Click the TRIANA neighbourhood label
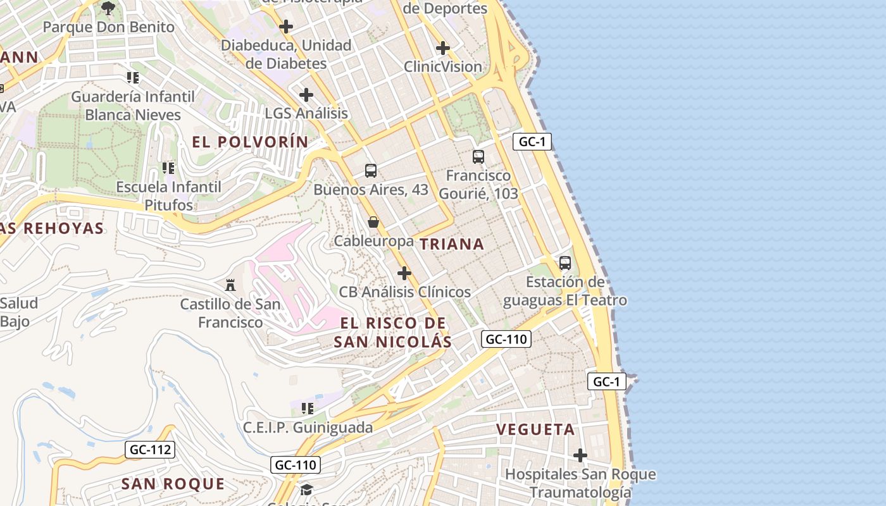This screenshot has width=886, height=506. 452,244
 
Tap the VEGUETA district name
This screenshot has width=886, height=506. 535,429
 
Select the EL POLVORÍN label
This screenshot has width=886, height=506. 250,142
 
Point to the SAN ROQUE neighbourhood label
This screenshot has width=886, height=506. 173,484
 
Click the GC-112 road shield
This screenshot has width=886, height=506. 150,450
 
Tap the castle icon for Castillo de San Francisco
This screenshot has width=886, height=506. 230,286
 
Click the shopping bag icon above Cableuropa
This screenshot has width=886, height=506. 373,222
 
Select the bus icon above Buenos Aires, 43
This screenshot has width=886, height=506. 371,170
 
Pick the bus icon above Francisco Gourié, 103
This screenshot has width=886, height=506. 478,156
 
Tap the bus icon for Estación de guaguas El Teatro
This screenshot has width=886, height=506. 565,262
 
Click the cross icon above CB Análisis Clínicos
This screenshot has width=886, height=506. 404,273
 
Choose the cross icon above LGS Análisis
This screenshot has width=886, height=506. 306,95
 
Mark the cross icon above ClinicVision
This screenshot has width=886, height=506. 443,47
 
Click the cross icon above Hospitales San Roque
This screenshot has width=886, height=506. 580,455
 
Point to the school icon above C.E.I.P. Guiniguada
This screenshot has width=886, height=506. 308,409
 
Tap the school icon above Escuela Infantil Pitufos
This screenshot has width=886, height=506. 168,168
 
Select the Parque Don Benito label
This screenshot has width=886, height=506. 108,27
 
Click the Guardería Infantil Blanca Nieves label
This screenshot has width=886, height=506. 133,106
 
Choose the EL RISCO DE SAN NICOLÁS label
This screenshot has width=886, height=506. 392,333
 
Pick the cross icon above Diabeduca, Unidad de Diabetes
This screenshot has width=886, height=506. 286,27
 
